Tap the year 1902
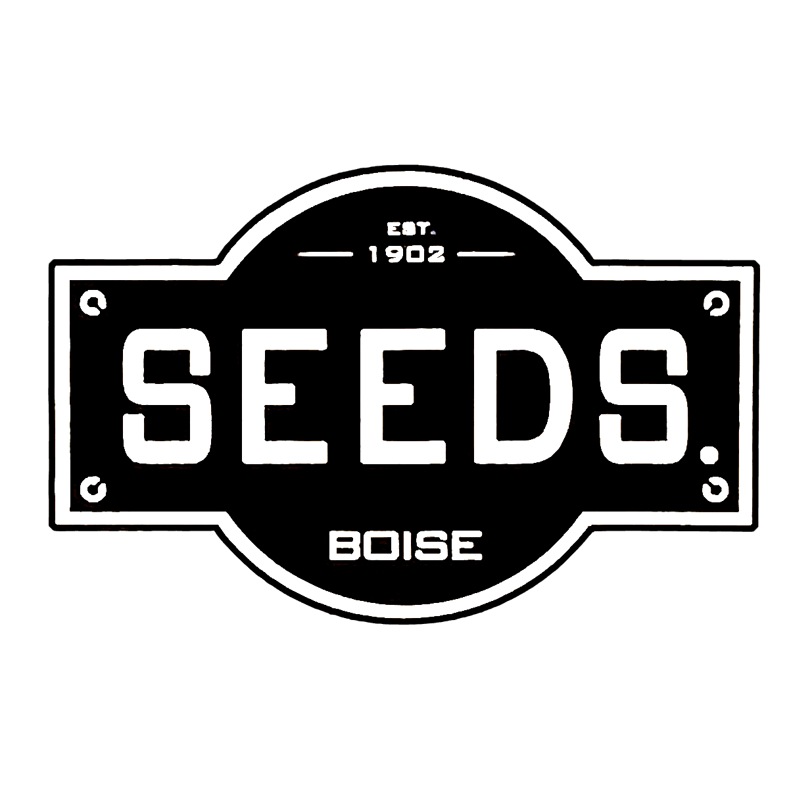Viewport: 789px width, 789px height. click(x=408, y=254)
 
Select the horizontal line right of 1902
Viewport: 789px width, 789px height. click(x=486, y=253)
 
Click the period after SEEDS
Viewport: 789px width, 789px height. click(x=708, y=453)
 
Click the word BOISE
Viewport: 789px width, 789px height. click(x=405, y=546)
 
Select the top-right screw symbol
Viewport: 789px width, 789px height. click(x=714, y=302)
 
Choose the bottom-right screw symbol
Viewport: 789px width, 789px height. click(x=714, y=488)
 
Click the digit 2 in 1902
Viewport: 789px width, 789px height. click(x=436, y=254)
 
